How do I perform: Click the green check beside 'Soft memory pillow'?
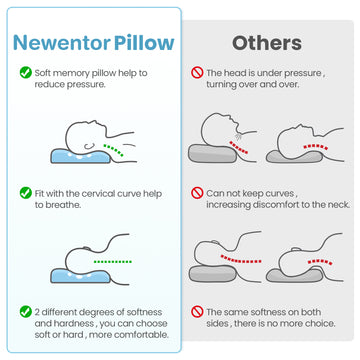point(26,72)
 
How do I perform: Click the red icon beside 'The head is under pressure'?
point(197,73)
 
